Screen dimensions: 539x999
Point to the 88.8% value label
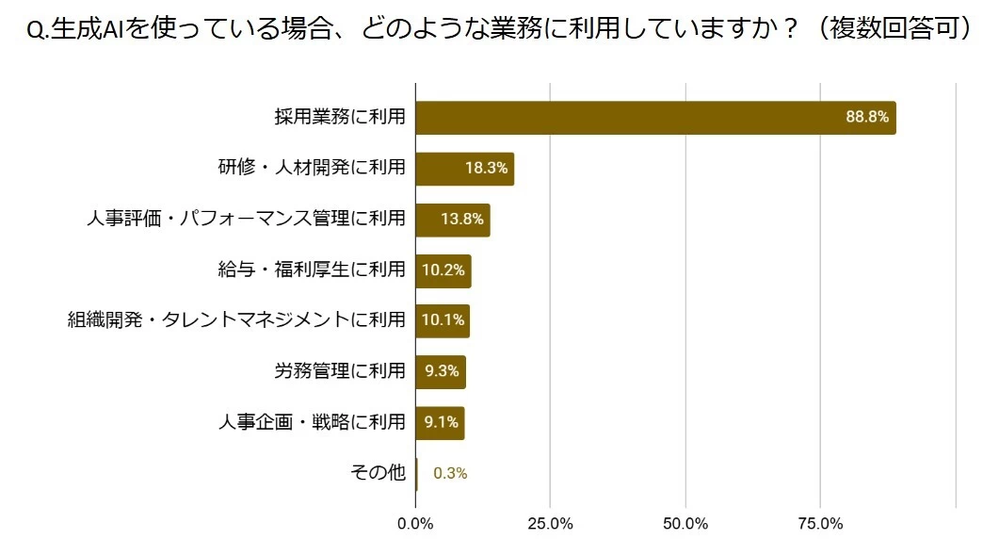pos(867,118)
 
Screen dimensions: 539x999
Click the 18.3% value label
pos(487,169)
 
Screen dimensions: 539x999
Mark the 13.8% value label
pos(462,220)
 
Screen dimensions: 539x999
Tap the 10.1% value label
pos(443,320)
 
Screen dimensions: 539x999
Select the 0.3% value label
pos(450,473)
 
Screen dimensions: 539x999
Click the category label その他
pos(377,473)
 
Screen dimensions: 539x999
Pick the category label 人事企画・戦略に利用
pos(311,422)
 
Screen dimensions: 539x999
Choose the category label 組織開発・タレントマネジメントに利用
pos(236,320)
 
